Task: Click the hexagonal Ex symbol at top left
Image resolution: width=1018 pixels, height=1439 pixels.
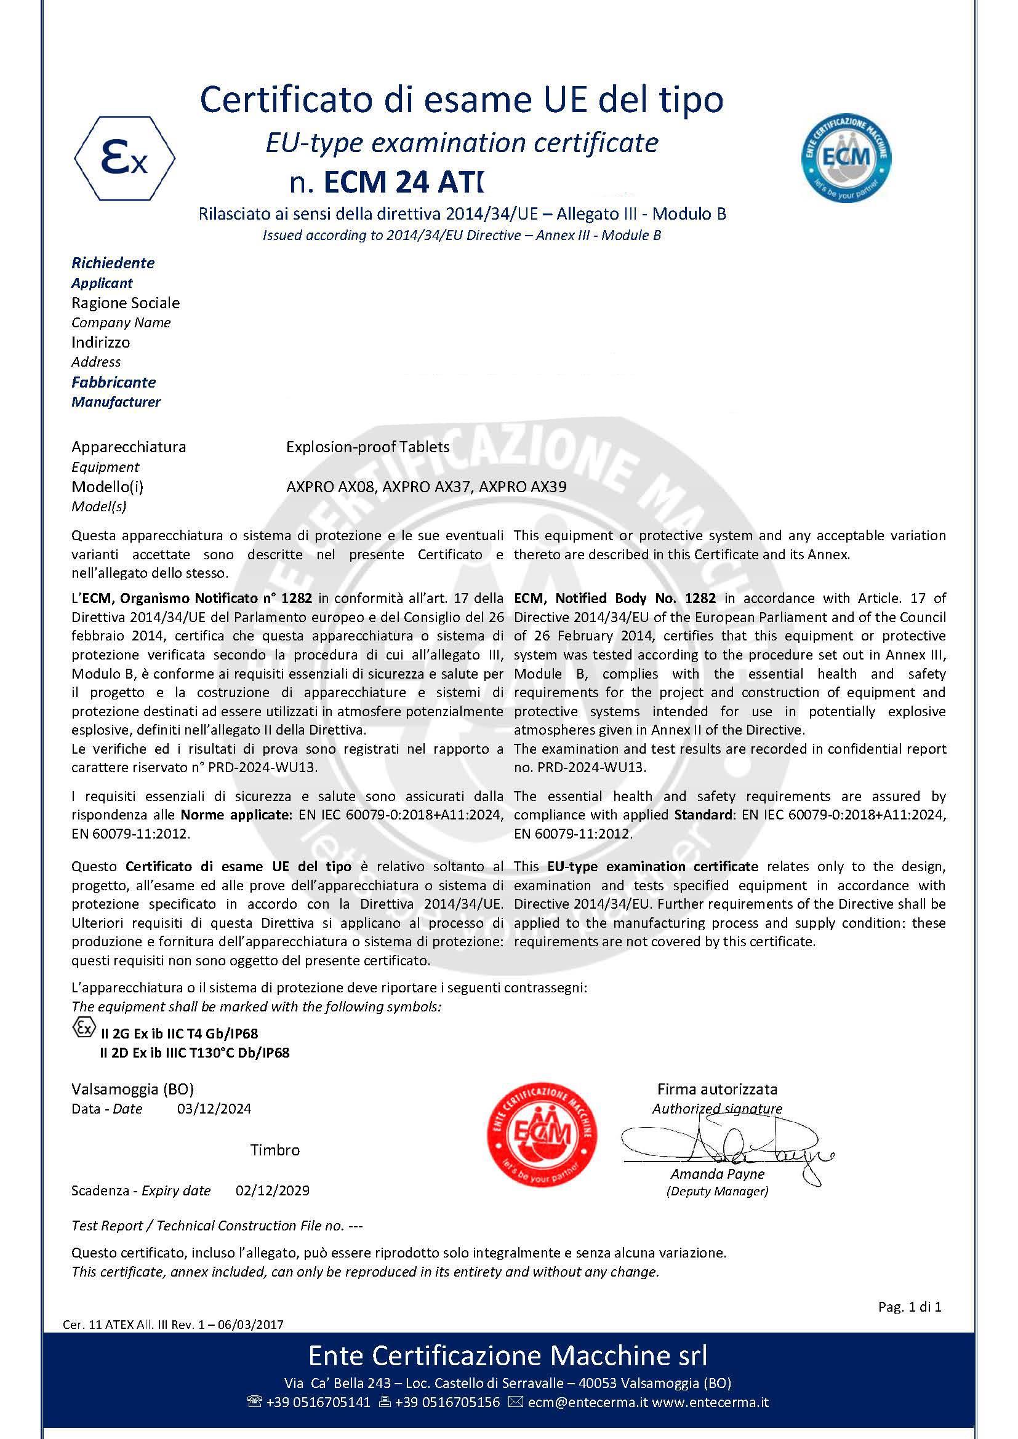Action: pyautogui.click(x=125, y=159)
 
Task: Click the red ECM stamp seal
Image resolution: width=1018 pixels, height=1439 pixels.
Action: pyautogui.click(x=542, y=1134)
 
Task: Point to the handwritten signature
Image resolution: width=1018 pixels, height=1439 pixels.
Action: pyautogui.click(x=727, y=1148)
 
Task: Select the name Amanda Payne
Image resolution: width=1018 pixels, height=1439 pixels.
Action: pyautogui.click(x=717, y=1174)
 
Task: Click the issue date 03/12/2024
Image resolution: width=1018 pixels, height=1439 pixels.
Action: pyautogui.click(x=214, y=1109)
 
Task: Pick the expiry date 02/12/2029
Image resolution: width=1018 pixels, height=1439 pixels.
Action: pyautogui.click(x=272, y=1190)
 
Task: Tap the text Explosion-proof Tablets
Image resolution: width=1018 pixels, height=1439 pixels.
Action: pyautogui.click(x=367, y=447)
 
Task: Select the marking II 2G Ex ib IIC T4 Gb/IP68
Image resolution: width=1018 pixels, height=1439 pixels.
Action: pyautogui.click(x=179, y=1034)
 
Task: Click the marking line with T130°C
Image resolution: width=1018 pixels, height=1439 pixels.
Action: pyautogui.click(x=194, y=1052)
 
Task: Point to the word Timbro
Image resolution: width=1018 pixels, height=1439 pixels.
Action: pyautogui.click(x=275, y=1150)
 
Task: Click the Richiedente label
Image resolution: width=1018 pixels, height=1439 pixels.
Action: pyautogui.click(x=113, y=263)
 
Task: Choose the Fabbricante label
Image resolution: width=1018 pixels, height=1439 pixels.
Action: pyautogui.click(x=113, y=381)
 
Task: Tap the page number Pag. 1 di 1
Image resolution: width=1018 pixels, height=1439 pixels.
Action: pyautogui.click(x=910, y=1307)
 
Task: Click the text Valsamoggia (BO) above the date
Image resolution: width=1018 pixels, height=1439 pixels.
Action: pyautogui.click(x=132, y=1089)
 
